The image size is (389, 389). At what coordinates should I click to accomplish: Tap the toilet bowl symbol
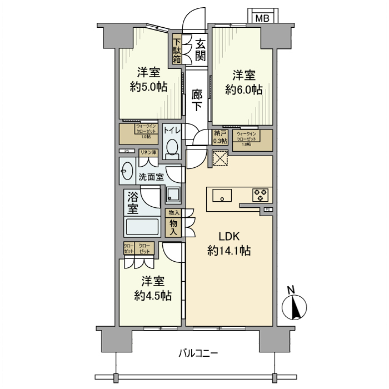[x=172, y=148]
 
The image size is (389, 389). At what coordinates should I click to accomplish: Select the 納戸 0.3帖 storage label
[x=220, y=137]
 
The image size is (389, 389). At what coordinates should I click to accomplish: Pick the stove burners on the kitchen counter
[x=260, y=195]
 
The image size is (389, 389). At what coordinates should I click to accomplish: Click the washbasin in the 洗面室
[x=127, y=172]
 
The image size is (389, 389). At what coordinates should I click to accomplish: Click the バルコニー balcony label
[x=198, y=353]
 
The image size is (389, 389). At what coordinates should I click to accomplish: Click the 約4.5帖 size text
[x=152, y=295]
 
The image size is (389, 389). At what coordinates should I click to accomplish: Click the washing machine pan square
[x=173, y=194]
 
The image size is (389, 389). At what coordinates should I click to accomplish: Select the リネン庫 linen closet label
[x=148, y=152]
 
